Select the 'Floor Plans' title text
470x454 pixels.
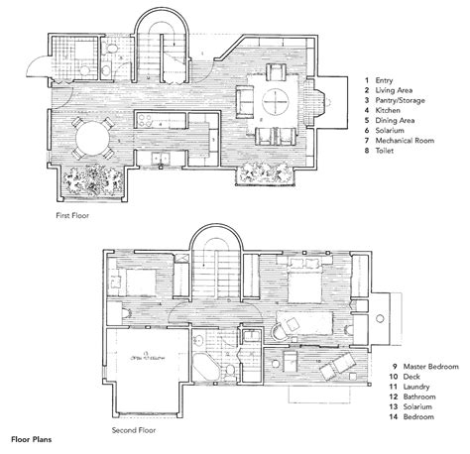[x=33, y=437]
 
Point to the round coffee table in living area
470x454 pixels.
[x=279, y=99]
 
